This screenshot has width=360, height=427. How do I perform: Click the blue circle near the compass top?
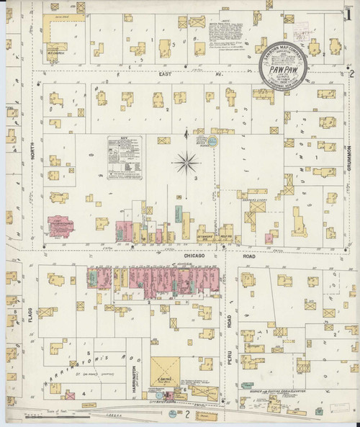pyautogui.click(x=213, y=139)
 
